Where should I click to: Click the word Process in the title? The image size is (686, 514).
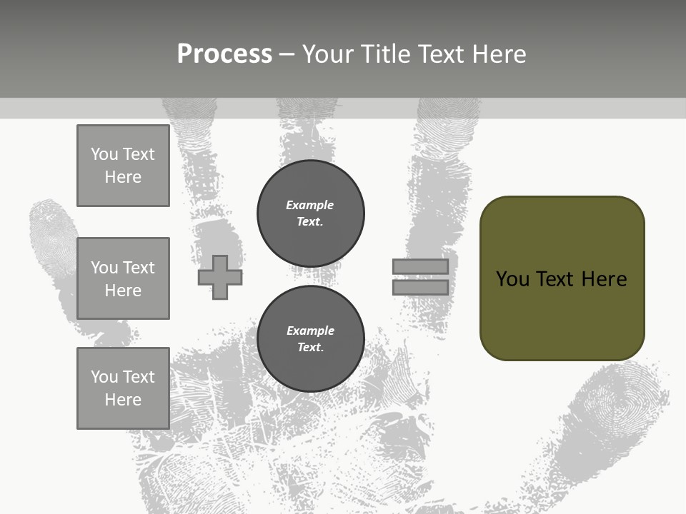click(224, 54)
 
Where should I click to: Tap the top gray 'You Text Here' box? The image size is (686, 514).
click(123, 166)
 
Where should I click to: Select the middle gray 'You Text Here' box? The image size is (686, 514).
click(123, 278)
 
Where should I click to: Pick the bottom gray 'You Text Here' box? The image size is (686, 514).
click(123, 388)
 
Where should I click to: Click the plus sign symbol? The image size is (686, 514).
click(220, 277)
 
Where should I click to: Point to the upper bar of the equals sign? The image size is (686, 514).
click(420, 266)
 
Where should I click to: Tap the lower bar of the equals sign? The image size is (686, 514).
click(420, 287)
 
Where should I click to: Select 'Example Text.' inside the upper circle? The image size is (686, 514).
click(310, 213)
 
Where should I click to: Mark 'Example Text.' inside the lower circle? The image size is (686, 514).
click(310, 338)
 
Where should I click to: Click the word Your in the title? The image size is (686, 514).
click(327, 54)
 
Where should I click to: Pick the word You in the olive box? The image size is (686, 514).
click(512, 278)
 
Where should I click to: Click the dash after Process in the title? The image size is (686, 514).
click(287, 54)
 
